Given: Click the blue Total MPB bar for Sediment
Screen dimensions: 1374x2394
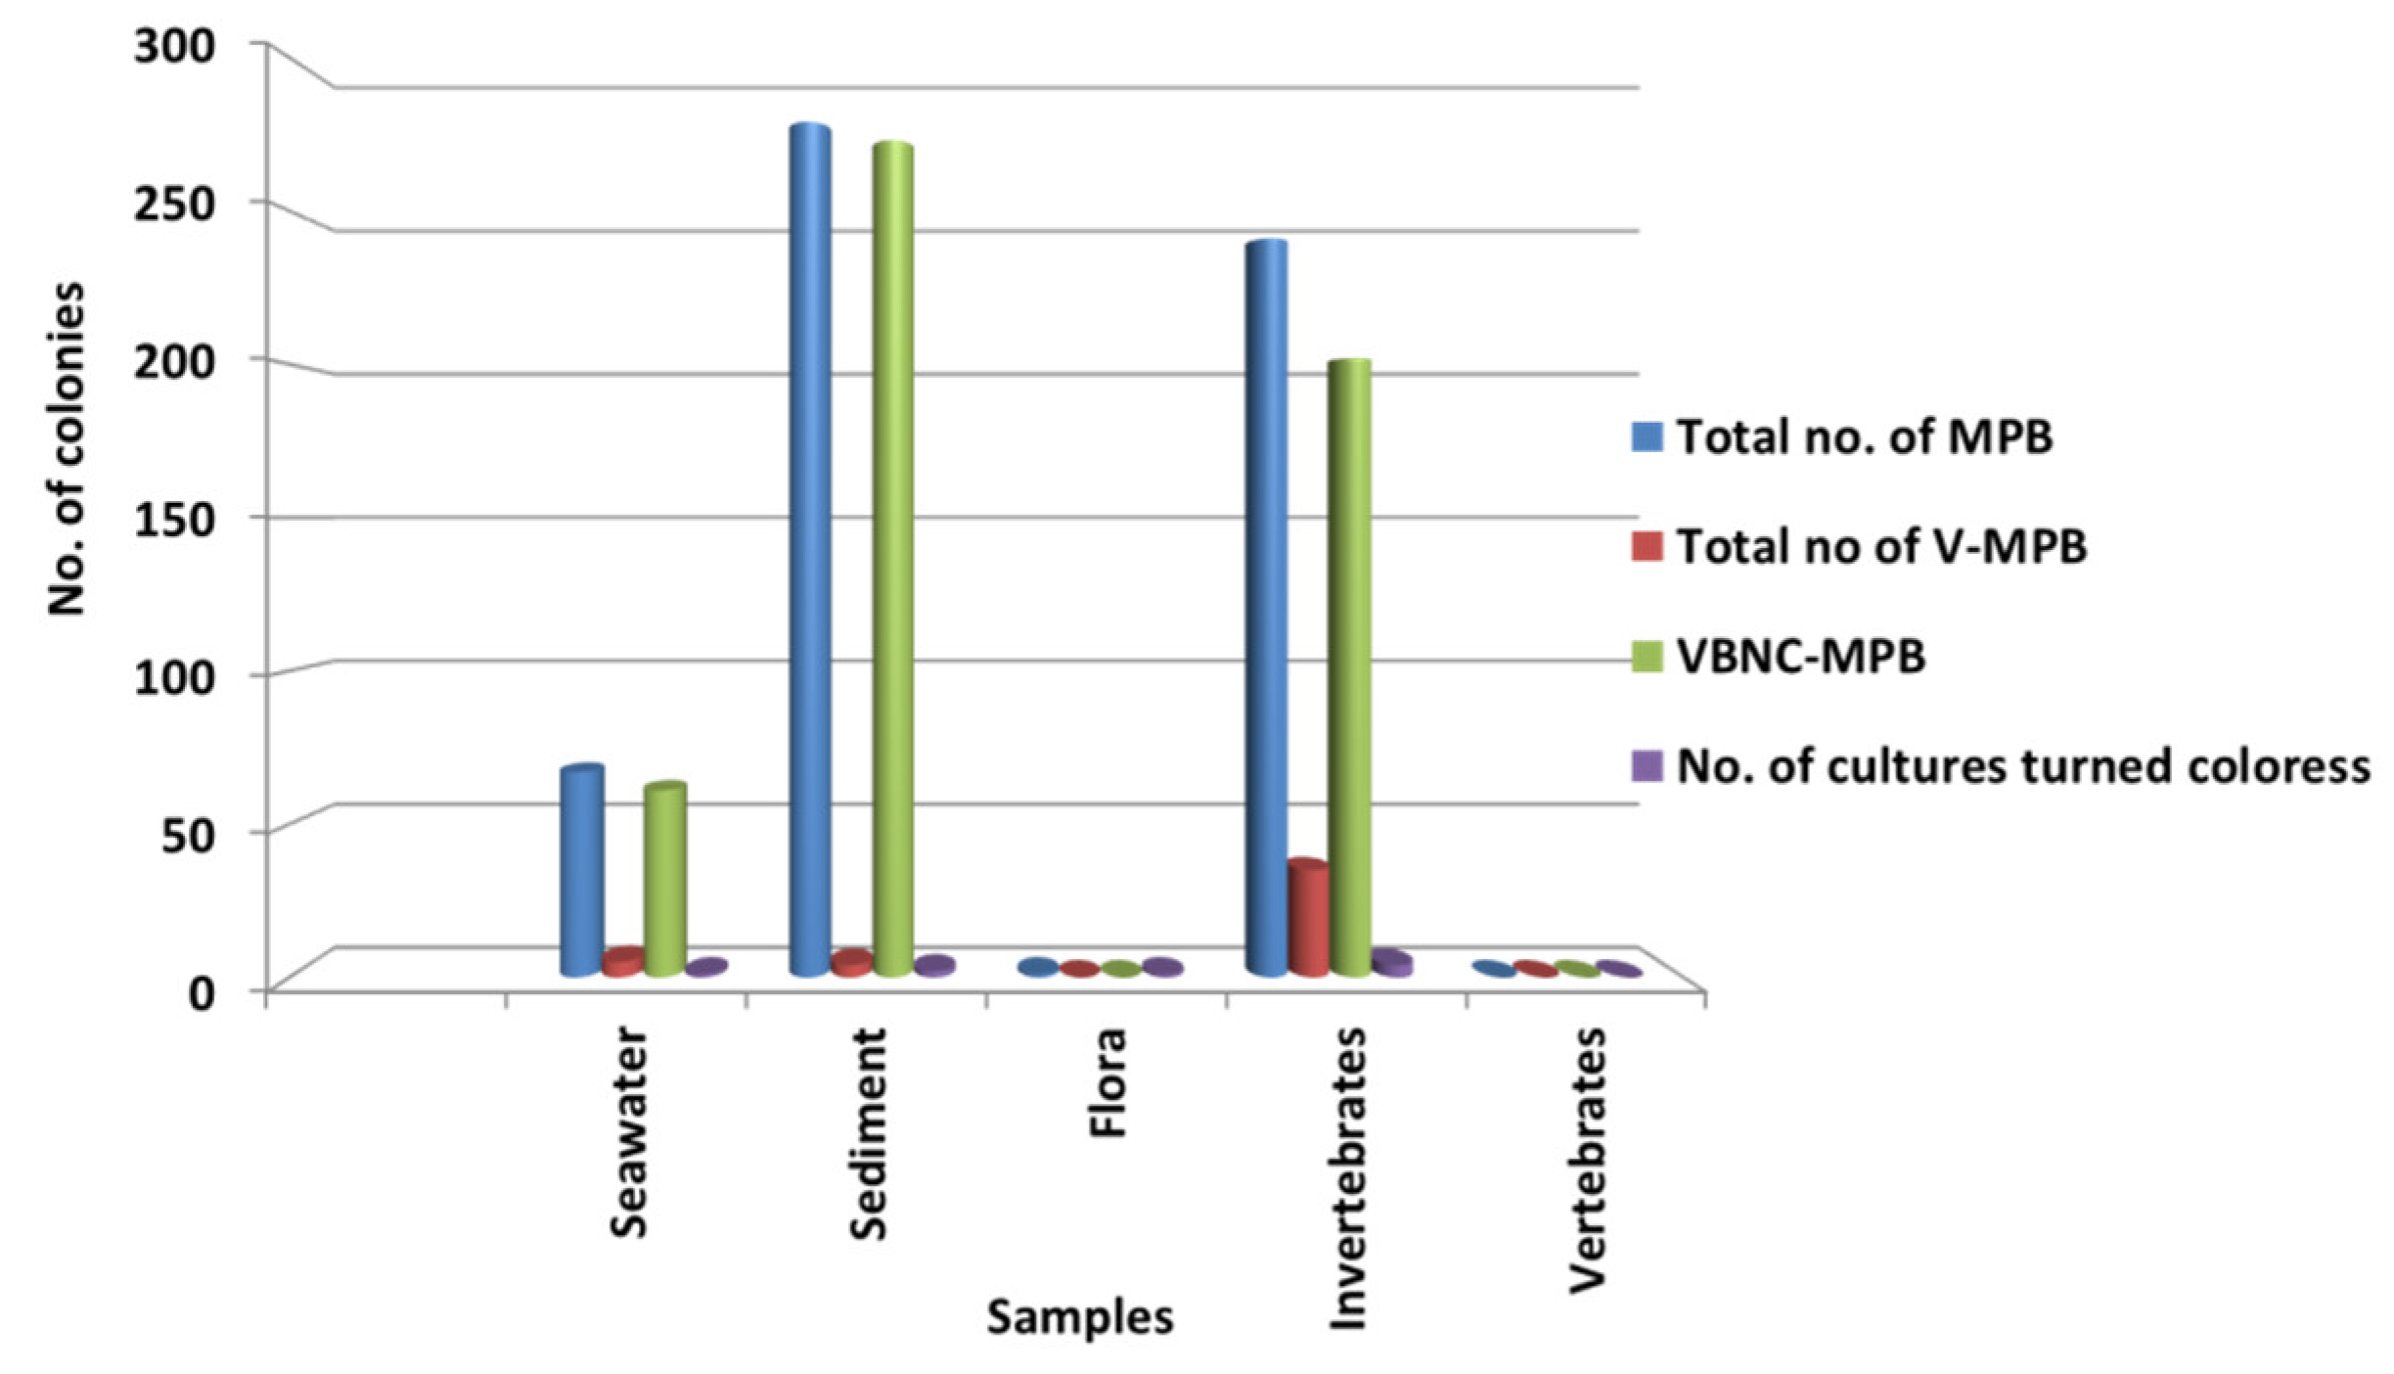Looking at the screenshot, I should click(810, 548).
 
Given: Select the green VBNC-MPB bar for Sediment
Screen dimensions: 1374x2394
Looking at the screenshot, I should click(893, 558).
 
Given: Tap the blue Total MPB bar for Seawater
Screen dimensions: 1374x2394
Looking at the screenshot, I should click(582, 871).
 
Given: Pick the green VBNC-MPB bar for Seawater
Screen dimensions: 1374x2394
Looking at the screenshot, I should click(665, 881).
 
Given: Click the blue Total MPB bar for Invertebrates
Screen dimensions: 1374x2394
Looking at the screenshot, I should click(1267, 607).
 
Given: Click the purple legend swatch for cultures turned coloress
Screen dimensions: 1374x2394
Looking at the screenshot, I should click(1648, 765).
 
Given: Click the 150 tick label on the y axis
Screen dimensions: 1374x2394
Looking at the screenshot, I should click(173, 519).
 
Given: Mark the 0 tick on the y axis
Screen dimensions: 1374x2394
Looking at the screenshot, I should click(200, 992).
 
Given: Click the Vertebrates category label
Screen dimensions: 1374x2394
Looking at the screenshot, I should click(1587, 1159).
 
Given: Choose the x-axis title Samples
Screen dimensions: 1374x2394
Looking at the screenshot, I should click(1079, 1316).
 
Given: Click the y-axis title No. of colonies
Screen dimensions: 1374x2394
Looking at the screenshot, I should click(67, 448).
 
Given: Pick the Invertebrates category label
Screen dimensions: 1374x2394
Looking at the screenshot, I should click(1347, 1178).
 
